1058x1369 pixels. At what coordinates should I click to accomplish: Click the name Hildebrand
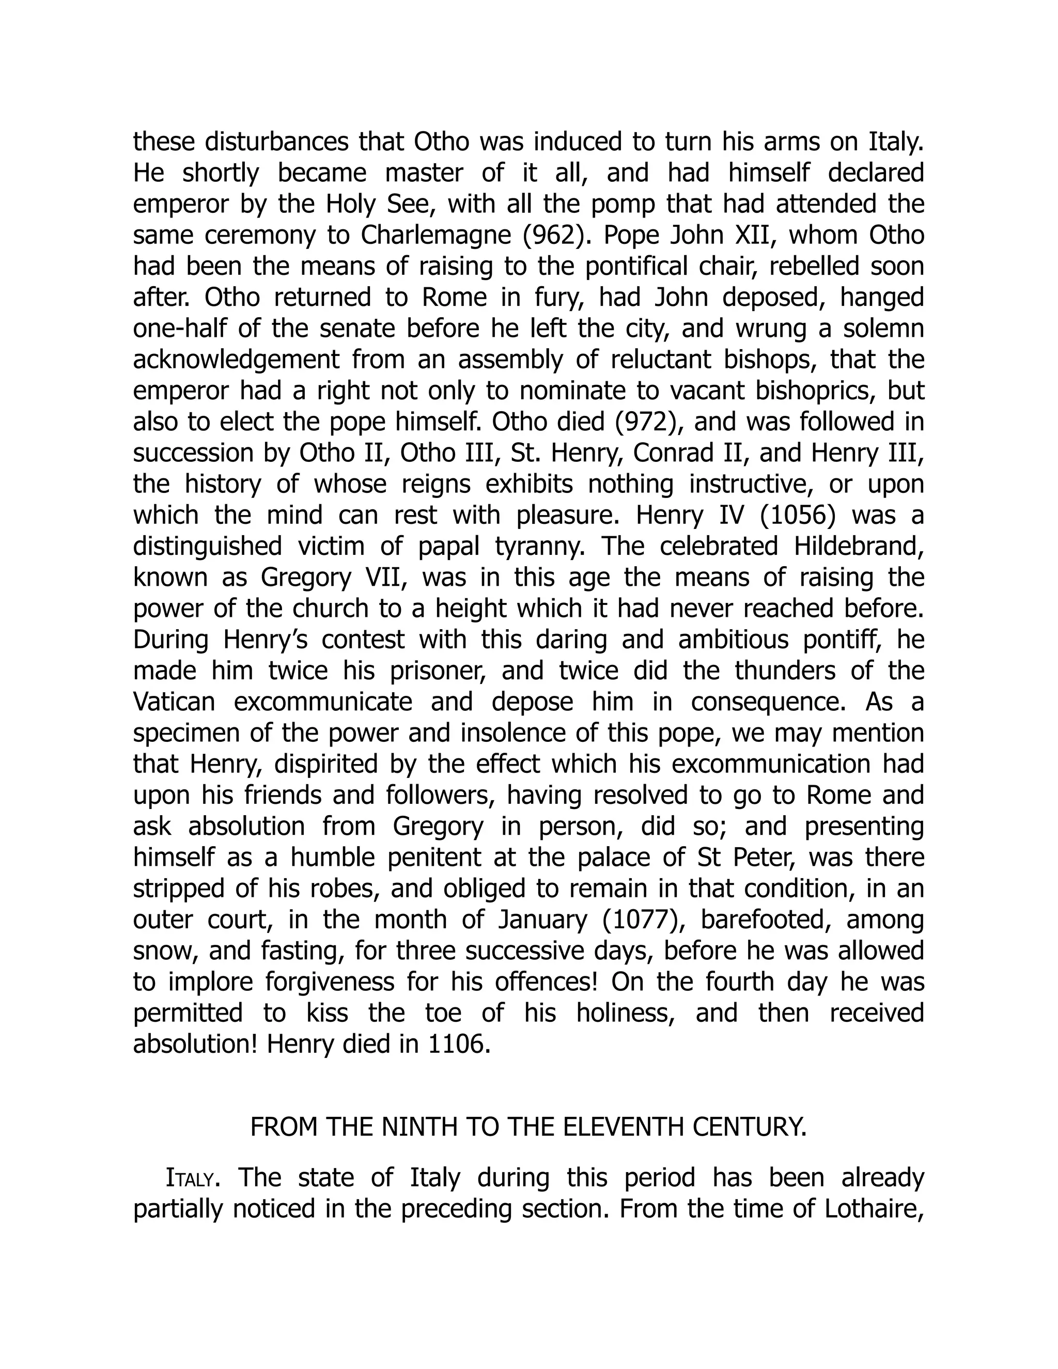859,547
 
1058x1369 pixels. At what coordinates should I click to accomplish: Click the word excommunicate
323,702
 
